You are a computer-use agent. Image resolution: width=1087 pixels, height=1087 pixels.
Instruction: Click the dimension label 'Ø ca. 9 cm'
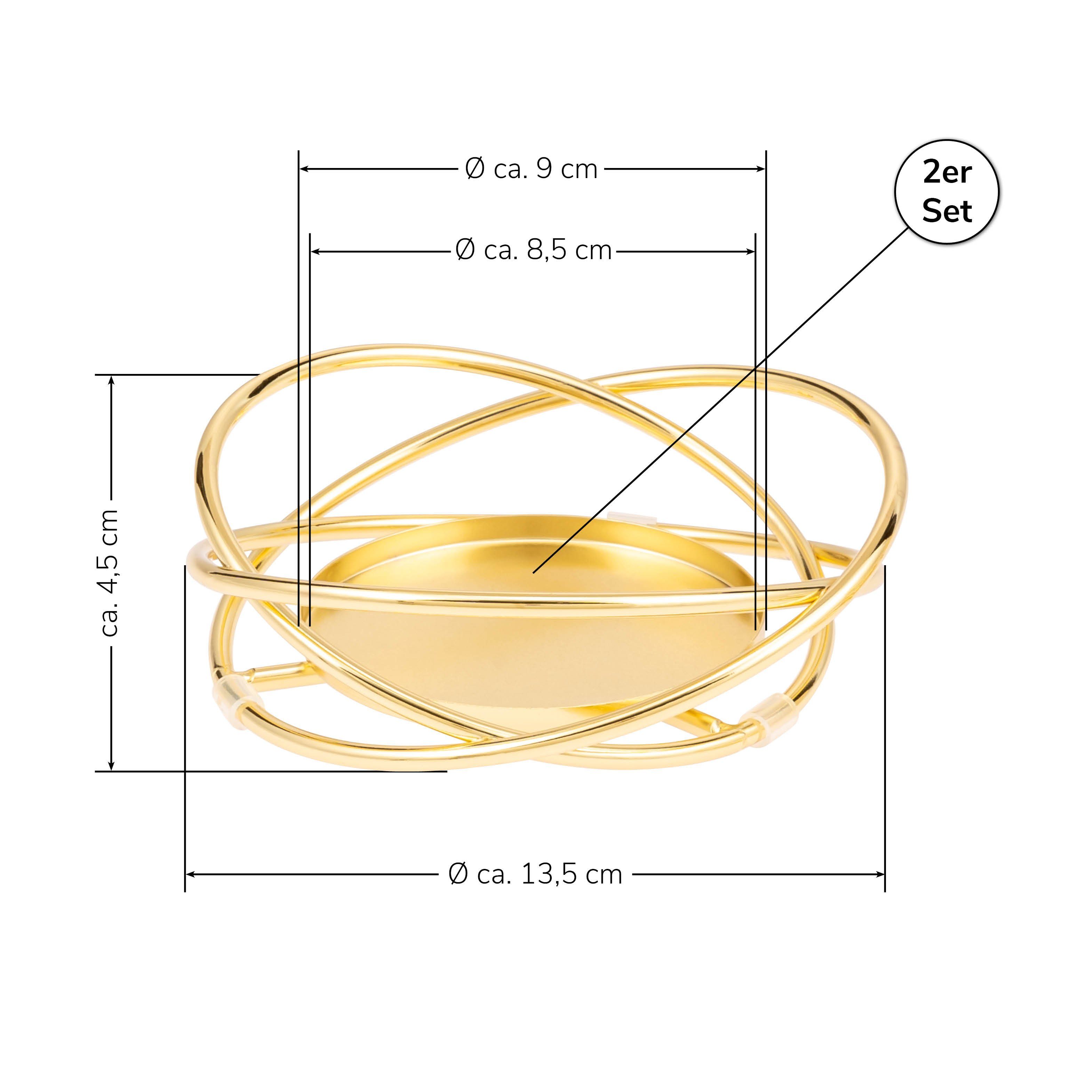pyautogui.click(x=532, y=169)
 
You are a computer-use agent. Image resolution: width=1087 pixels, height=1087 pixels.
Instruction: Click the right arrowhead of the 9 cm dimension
pyautogui.click(x=761, y=169)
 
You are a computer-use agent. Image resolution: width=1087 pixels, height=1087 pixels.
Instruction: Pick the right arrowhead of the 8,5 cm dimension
pyautogui.click(x=750, y=251)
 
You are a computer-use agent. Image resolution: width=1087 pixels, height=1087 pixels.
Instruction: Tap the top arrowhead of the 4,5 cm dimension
pyautogui.click(x=111, y=380)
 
